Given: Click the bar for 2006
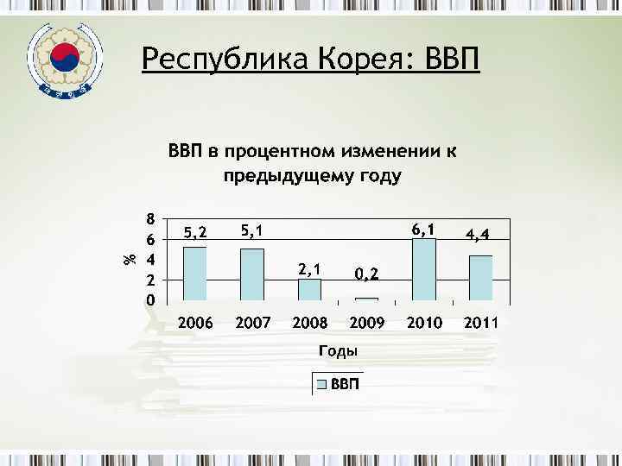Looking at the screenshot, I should [195, 274].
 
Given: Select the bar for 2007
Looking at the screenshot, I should [252, 274].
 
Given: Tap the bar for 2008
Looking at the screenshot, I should [309, 290].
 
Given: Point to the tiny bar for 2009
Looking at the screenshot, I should [366, 299].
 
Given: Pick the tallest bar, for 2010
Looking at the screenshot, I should [423, 269].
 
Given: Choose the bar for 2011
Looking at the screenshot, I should [480, 278].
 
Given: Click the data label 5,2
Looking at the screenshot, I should [195, 232].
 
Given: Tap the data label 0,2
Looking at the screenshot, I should [366, 274].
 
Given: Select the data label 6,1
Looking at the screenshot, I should [423, 229].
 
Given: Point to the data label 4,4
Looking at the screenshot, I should [480, 234].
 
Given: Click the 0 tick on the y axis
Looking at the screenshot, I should [150, 301].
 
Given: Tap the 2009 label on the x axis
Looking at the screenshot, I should [366, 324].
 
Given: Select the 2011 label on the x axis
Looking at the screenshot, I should [480, 324].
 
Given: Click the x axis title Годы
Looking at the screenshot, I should [339, 351].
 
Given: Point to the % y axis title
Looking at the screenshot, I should [129, 258].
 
